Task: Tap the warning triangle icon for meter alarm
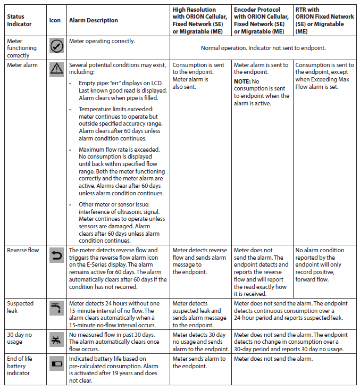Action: click(x=56, y=69)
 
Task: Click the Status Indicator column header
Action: click(x=19, y=20)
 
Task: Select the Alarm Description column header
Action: click(x=94, y=20)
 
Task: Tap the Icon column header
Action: click(x=55, y=20)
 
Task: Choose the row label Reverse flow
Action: click(x=23, y=250)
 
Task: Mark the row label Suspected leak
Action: click(x=20, y=307)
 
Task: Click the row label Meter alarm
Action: click(x=21, y=65)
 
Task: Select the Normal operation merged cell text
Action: click(x=263, y=48)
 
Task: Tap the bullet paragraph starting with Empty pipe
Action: click(x=122, y=90)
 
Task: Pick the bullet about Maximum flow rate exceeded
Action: click(x=122, y=171)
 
